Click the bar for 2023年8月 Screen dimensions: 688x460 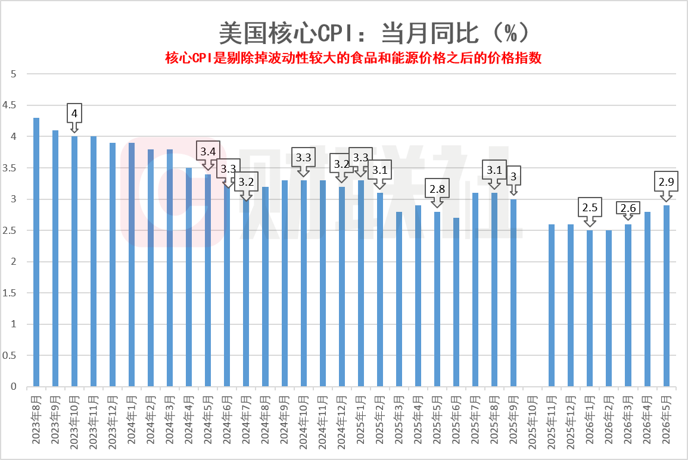(x=36, y=252)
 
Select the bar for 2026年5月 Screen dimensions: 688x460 (x=667, y=296)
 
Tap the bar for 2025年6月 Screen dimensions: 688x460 (x=456, y=302)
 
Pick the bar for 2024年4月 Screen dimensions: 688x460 (x=189, y=277)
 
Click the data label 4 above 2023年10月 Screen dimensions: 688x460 (x=74, y=114)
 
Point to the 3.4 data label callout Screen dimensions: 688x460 (x=208, y=152)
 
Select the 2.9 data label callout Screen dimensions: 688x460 (x=666, y=182)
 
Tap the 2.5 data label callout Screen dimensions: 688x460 (x=590, y=208)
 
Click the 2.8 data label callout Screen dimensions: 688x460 (x=437, y=189)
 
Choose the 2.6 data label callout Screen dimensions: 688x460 (x=628, y=208)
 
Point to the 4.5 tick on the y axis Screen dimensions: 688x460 (x=9, y=105)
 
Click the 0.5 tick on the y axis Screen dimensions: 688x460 (x=9, y=355)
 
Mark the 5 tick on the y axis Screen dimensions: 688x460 (x=14, y=74)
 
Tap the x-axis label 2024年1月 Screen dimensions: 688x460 (x=132, y=420)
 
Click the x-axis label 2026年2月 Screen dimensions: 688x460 (x=609, y=420)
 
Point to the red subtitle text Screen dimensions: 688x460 (x=353, y=58)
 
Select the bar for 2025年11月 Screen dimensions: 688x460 (x=552, y=305)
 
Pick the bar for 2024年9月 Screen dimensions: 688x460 (x=284, y=283)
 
